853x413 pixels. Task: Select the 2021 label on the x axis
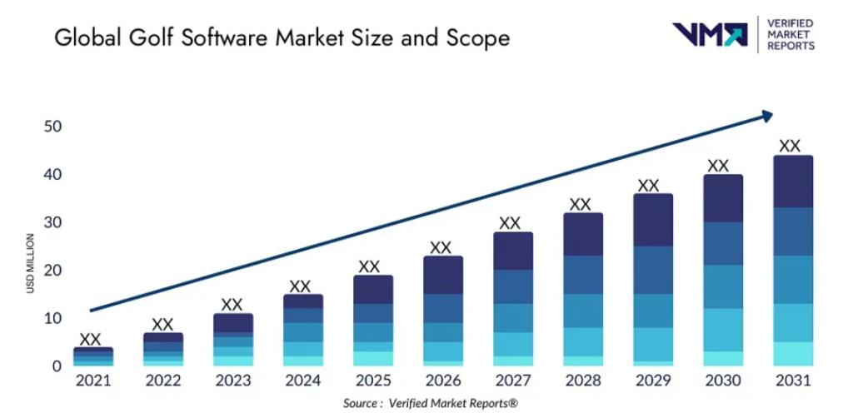pyautogui.click(x=92, y=382)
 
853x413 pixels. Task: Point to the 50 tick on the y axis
pyautogui.click(x=52, y=127)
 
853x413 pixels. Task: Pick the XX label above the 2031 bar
pyautogui.click(x=790, y=146)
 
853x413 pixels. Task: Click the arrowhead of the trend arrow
pyautogui.click(x=766, y=117)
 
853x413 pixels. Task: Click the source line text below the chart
pyautogui.click(x=430, y=403)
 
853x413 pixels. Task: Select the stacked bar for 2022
pyautogui.click(x=162, y=350)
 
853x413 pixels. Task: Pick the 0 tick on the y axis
pyautogui.click(x=57, y=366)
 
